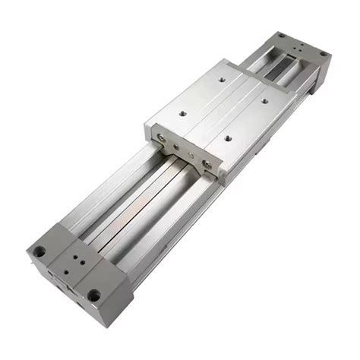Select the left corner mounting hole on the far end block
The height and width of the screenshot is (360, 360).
click(x=279, y=35)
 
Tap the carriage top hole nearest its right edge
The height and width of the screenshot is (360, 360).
click(x=265, y=99)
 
